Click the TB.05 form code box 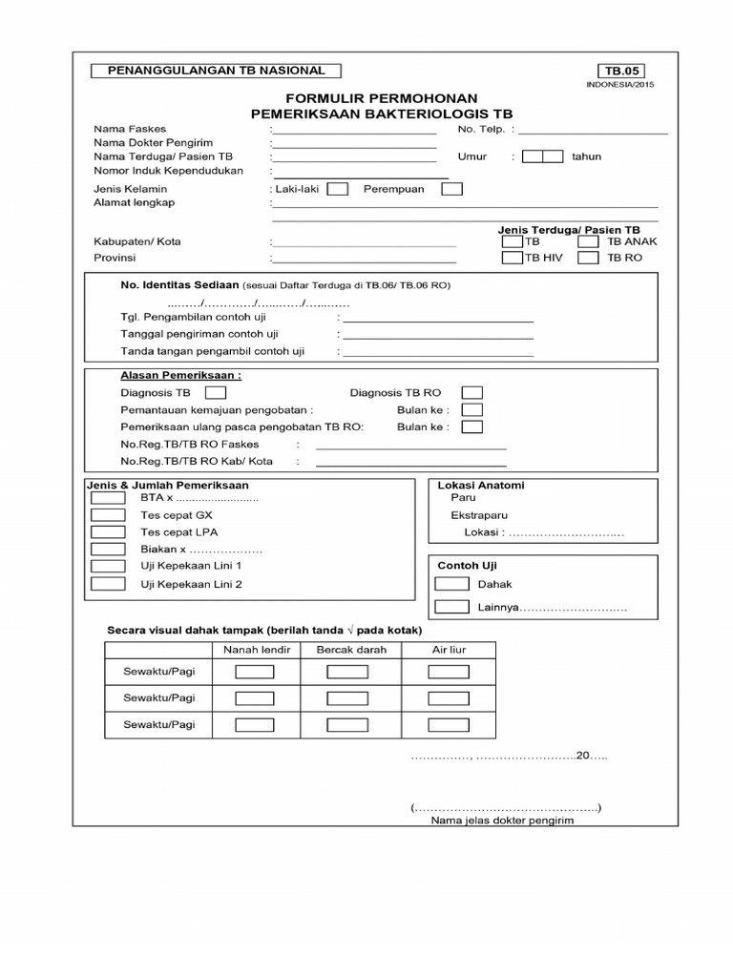(x=620, y=71)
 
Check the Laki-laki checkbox (x=337, y=189)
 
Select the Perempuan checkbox (x=451, y=189)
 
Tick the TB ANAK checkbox (x=588, y=242)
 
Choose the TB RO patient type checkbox (x=588, y=258)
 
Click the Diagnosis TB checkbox (x=216, y=392)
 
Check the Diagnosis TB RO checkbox (x=471, y=392)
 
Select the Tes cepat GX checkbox (x=108, y=515)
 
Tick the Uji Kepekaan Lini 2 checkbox (x=108, y=584)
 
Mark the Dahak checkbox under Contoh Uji (x=450, y=584)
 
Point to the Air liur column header (x=448, y=650)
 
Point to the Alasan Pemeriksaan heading (x=180, y=376)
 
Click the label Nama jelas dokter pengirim (x=502, y=821)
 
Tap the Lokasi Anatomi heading (x=480, y=485)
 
